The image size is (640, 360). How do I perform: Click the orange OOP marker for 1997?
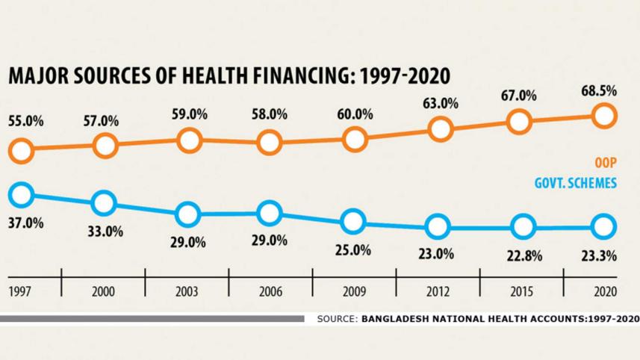pos(22,151)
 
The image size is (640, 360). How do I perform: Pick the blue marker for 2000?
pos(104,202)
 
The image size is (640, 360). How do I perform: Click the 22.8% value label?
pos(517,255)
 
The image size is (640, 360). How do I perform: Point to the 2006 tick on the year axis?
pos(270,291)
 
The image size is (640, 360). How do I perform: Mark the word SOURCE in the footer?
pos(337,319)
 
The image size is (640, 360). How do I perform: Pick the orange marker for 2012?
pos(441,129)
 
